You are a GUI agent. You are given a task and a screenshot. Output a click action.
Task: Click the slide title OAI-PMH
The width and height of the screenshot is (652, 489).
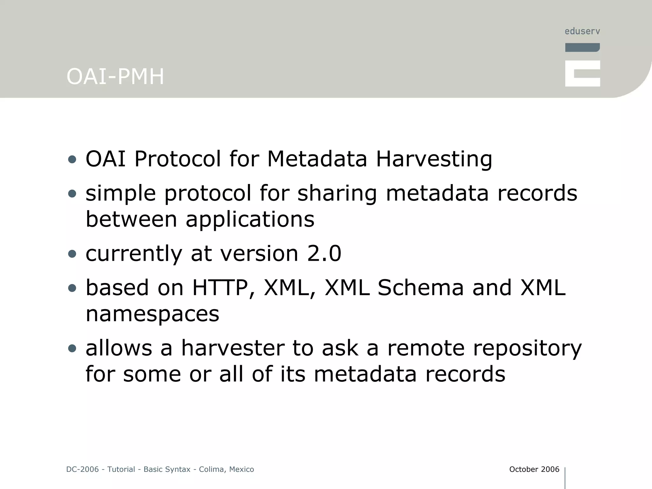(x=115, y=77)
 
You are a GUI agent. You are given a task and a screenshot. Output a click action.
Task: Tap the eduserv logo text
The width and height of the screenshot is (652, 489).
(x=582, y=31)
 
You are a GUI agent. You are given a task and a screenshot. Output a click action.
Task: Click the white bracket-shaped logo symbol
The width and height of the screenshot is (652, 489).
(x=582, y=74)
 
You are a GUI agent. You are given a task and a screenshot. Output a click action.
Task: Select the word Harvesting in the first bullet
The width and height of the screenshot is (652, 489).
(x=434, y=159)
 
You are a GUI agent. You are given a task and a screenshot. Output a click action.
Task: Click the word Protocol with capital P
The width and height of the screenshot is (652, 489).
(x=177, y=159)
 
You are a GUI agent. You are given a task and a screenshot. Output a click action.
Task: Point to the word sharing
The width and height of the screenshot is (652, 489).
(x=337, y=193)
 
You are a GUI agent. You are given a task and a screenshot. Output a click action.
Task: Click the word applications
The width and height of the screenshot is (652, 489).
(x=250, y=219)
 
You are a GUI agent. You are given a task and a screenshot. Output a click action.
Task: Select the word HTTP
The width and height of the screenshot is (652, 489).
(x=220, y=288)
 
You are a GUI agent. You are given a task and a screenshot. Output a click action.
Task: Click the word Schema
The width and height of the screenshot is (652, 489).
(x=421, y=288)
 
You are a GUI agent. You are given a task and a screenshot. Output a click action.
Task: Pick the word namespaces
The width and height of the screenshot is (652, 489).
(x=152, y=314)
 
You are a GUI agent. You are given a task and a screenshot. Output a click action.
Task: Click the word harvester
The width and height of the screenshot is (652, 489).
(x=233, y=348)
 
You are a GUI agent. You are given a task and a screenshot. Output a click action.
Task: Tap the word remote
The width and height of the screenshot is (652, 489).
(x=426, y=348)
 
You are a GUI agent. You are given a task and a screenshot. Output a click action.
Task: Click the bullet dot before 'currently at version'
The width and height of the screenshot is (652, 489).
(x=72, y=254)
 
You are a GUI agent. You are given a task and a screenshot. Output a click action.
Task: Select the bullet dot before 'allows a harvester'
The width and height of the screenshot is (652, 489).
(x=72, y=348)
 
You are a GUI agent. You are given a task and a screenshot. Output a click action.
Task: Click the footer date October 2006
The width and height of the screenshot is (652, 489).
(x=534, y=469)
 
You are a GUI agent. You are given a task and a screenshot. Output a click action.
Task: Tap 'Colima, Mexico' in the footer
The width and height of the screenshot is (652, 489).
(x=226, y=469)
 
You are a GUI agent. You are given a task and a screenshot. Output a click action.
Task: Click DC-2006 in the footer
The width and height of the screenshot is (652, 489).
(x=82, y=469)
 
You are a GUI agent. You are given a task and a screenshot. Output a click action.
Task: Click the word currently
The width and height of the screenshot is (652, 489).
(x=134, y=254)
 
